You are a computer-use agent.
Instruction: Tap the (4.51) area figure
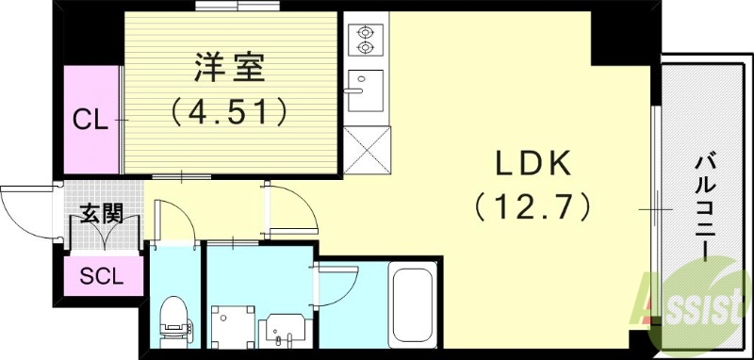[x=230, y=113]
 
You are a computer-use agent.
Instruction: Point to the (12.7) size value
[x=533, y=205]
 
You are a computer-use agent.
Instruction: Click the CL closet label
[x=90, y=120]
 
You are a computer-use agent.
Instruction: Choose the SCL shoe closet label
[x=100, y=277]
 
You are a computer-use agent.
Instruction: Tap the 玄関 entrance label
[x=101, y=213]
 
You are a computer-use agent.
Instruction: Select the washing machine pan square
[x=233, y=327]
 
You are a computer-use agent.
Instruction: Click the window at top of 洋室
[x=231, y=8]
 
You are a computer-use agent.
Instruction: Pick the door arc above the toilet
[x=174, y=219]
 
